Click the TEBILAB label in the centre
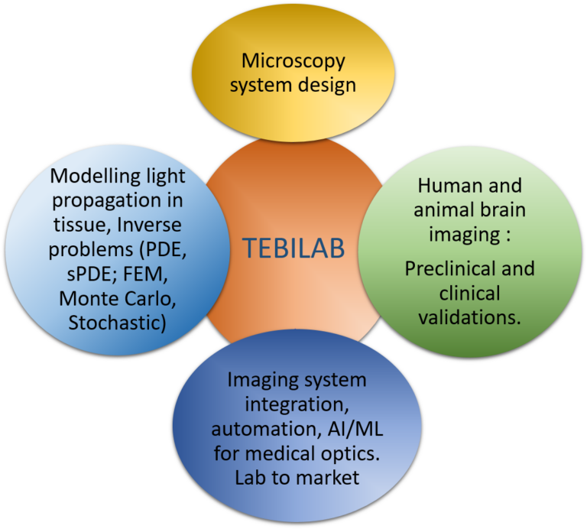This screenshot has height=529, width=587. tap(293, 248)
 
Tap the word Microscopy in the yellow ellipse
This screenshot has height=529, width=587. tap(293, 62)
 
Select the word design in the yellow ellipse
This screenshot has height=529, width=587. tap(327, 85)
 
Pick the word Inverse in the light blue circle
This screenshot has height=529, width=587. tap(149, 225)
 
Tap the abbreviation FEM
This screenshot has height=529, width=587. tap(145, 274)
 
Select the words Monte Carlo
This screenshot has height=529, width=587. tap(118, 298)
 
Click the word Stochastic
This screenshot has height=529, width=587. tap(115, 323)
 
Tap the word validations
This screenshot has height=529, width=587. tap(470, 317)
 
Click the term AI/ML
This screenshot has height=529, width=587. tap(355, 429)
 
